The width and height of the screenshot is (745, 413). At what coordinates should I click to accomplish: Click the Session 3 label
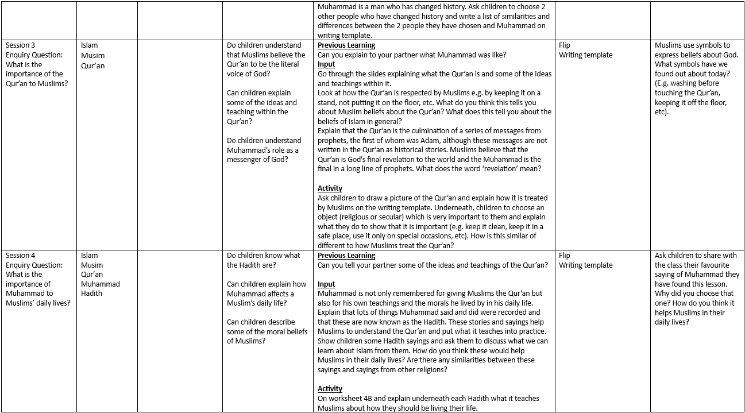(21, 45)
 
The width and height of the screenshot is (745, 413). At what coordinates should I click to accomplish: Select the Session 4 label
(21, 256)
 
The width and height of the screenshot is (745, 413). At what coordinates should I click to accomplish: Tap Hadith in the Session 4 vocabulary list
(91, 294)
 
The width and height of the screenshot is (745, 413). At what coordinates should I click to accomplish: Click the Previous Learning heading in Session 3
(346, 45)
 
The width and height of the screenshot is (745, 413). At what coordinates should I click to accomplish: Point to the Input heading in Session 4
(326, 284)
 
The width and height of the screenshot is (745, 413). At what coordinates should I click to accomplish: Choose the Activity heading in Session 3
(330, 188)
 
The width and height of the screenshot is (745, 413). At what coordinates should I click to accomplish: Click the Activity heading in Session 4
(330, 389)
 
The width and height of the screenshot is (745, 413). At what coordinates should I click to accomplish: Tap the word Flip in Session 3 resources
(564, 45)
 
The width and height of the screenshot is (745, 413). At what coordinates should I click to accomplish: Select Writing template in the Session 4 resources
(585, 265)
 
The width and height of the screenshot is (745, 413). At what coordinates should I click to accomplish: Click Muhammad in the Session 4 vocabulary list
(101, 284)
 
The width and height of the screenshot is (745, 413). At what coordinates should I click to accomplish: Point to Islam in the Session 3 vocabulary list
(90, 45)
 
